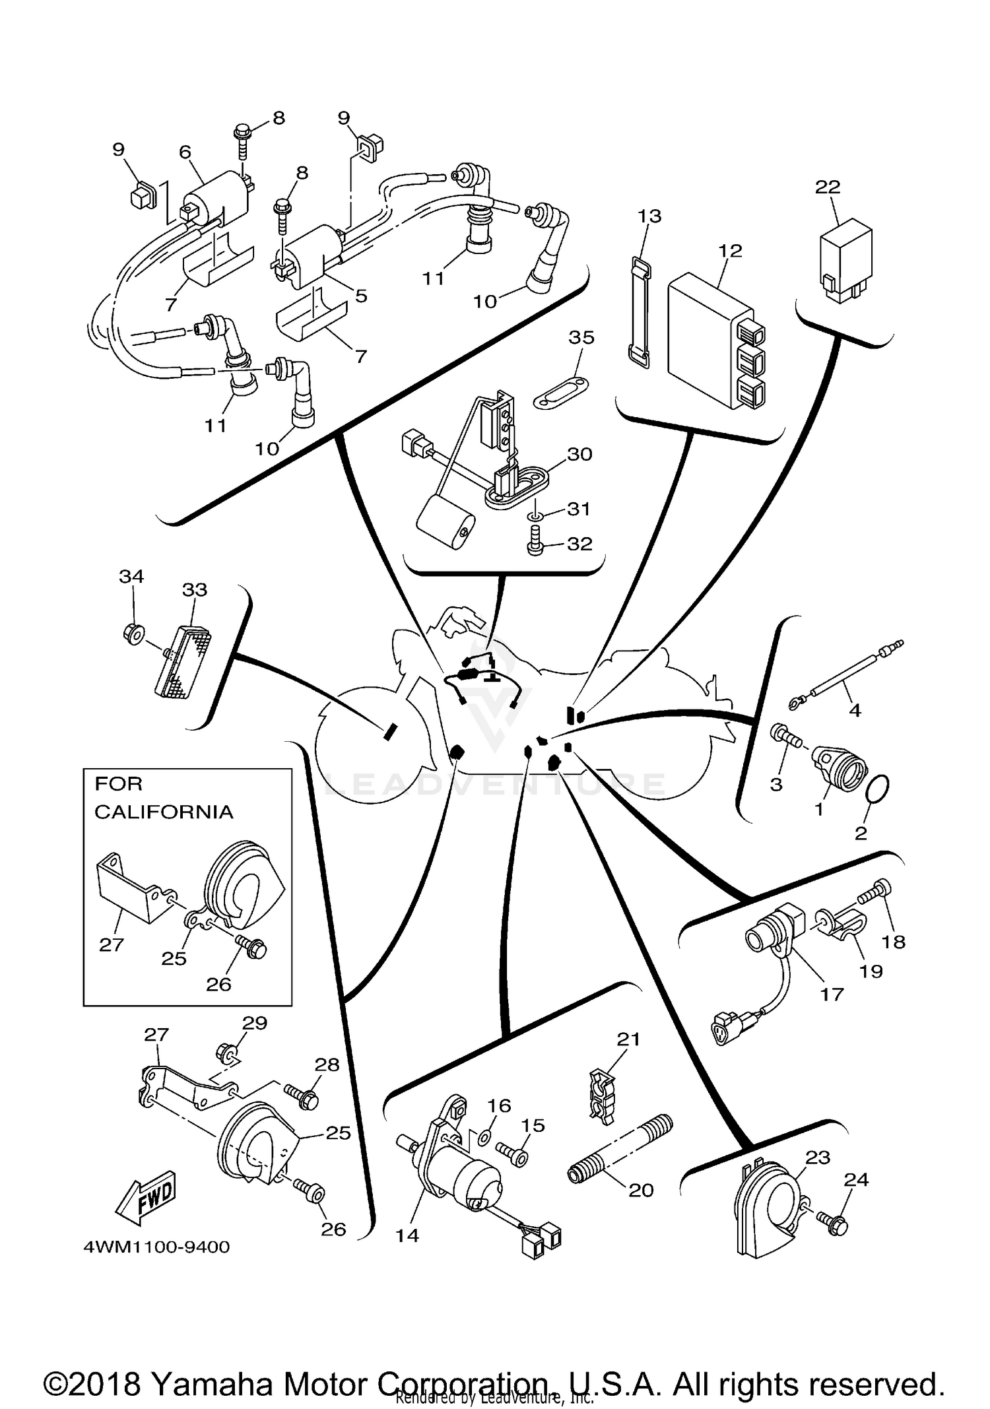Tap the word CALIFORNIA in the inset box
pyautogui.click(x=164, y=812)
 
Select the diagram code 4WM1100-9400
pyautogui.click(x=157, y=1247)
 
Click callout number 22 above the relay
pyautogui.click(x=828, y=187)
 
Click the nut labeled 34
pyautogui.click(x=133, y=634)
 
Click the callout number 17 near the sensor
pyautogui.click(x=832, y=994)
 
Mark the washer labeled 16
pyautogui.click(x=482, y=1135)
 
